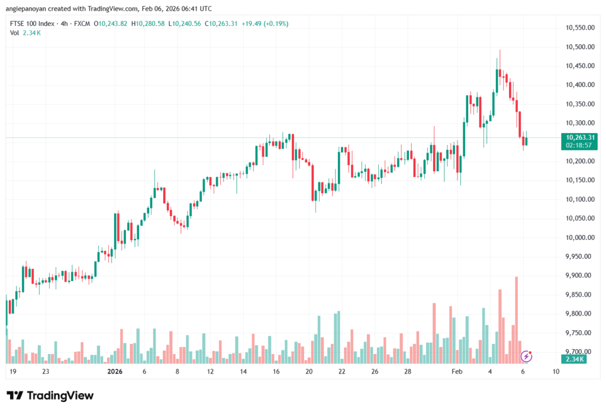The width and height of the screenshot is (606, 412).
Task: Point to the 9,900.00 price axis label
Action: (x=578, y=275)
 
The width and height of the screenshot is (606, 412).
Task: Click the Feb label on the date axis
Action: (x=457, y=372)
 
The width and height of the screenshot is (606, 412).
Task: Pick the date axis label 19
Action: (x=12, y=372)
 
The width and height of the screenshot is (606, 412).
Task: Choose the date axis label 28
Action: (x=407, y=372)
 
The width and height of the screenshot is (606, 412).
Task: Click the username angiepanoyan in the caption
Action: (x=29, y=9)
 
